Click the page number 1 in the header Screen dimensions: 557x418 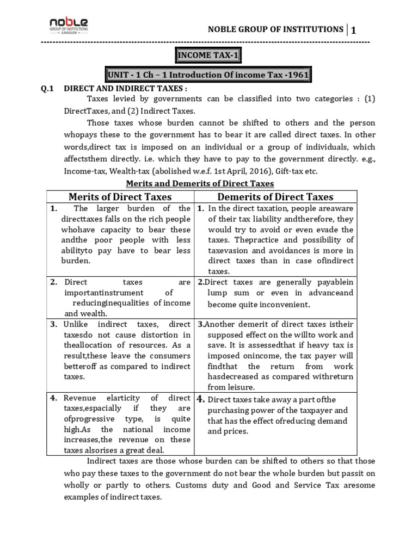354,30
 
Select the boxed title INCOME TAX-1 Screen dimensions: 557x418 208,55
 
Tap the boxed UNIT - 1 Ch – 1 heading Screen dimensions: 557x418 208,75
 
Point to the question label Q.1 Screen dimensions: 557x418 48,88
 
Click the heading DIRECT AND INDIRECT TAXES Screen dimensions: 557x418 126,88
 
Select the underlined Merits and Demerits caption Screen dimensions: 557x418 200,183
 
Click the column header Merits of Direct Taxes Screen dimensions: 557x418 120,197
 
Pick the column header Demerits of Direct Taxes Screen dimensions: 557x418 275,197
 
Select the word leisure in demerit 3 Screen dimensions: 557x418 239,387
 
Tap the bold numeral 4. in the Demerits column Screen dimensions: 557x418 201,399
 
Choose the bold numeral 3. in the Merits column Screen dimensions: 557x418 54,324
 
